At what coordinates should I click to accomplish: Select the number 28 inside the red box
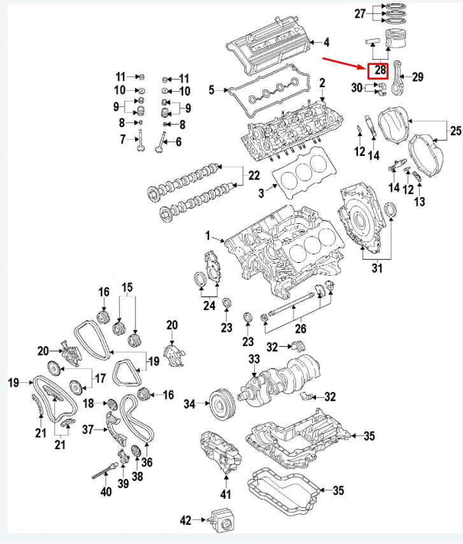(x=381, y=69)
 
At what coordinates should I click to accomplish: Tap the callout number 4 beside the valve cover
(x=327, y=43)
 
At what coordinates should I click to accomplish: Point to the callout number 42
(x=185, y=521)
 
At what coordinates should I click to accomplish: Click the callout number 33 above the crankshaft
(x=254, y=359)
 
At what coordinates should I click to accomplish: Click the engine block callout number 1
(x=207, y=237)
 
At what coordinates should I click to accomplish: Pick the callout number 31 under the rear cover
(x=376, y=269)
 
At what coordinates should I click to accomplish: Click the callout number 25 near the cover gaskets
(x=455, y=131)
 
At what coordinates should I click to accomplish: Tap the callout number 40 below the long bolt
(x=106, y=491)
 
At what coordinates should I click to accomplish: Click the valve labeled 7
(x=138, y=142)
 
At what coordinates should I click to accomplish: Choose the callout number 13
(x=418, y=202)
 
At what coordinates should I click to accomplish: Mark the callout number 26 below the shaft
(x=300, y=329)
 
